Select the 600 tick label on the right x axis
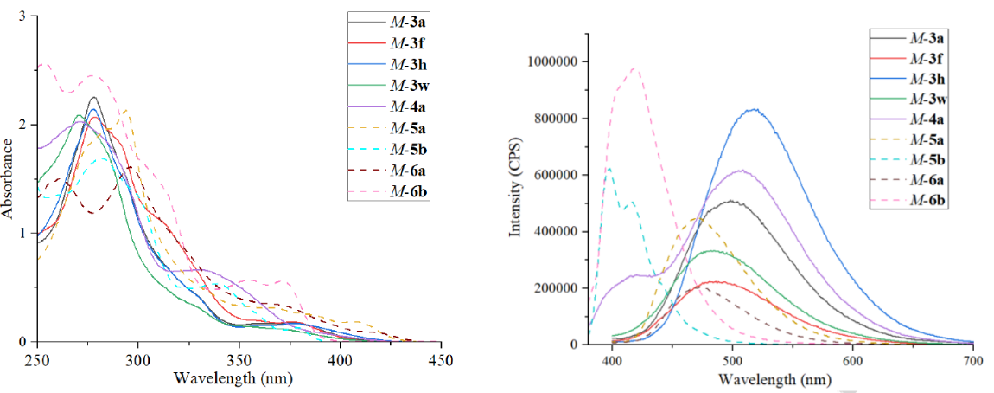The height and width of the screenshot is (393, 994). (853, 359)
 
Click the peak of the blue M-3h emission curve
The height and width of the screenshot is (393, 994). (755, 109)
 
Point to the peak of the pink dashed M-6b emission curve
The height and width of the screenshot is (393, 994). (635, 68)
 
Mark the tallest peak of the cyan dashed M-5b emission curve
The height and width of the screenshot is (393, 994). (609, 168)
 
